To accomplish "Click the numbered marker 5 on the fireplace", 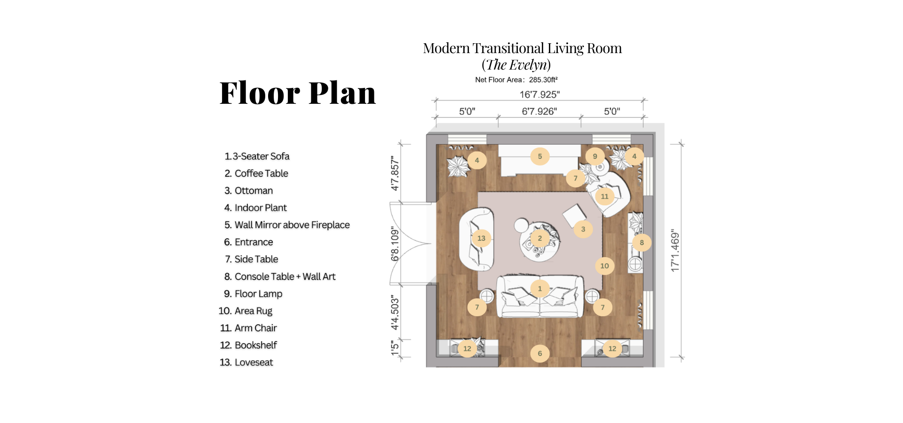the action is pyautogui.click(x=540, y=157).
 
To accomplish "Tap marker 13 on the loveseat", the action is pyautogui.click(x=481, y=238).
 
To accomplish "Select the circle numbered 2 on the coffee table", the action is pyautogui.click(x=540, y=238).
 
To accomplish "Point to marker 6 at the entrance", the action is pyautogui.click(x=540, y=353).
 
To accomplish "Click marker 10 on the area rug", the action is pyautogui.click(x=604, y=266).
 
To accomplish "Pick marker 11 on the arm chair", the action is pyautogui.click(x=604, y=196).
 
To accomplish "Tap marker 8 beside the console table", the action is pyautogui.click(x=642, y=243).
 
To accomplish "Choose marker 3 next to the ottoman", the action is pyautogui.click(x=583, y=229).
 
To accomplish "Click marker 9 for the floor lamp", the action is pyautogui.click(x=595, y=157).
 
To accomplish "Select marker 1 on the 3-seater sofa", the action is pyautogui.click(x=540, y=289).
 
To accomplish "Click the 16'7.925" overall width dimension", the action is pyautogui.click(x=539, y=94).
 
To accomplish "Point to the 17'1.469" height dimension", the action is pyautogui.click(x=675, y=251).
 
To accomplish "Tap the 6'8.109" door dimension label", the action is pyautogui.click(x=395, y=243).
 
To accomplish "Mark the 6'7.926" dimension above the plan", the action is pyautogui.click(x=539, y=111).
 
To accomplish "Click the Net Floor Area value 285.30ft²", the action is pyautogui.click(x=543, y=80).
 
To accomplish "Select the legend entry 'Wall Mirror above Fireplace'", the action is pyautogui.click(x=292, y=225).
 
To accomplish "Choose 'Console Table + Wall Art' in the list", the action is pyautogui.click(x=285, y=277).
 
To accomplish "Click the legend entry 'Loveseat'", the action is pyautogui.click(x=254, y=362).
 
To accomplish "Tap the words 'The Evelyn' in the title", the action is pyautogui.click(x=516, y=65).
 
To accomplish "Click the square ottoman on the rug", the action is pyautogui.click(x=574, y=215).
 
